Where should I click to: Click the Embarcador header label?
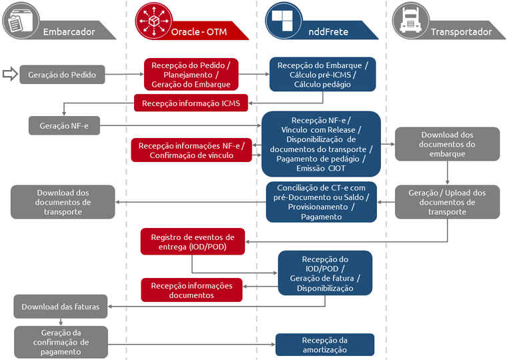point(69,31)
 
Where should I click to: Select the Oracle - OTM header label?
point(199,31)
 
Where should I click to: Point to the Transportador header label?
point(461,31)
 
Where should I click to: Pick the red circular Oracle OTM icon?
point(152,19)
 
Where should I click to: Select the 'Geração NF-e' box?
point(64,125)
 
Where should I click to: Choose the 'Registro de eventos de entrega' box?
point(192,241)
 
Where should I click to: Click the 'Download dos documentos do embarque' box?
point(448,144)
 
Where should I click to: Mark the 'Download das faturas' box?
point(60,307)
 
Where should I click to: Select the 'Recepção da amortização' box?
point(324,345)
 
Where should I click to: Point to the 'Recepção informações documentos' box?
point(191,290)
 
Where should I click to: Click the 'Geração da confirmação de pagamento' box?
point(61,342)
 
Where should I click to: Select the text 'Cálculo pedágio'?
point(322,85)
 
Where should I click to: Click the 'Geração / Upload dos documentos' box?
point(447,202)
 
